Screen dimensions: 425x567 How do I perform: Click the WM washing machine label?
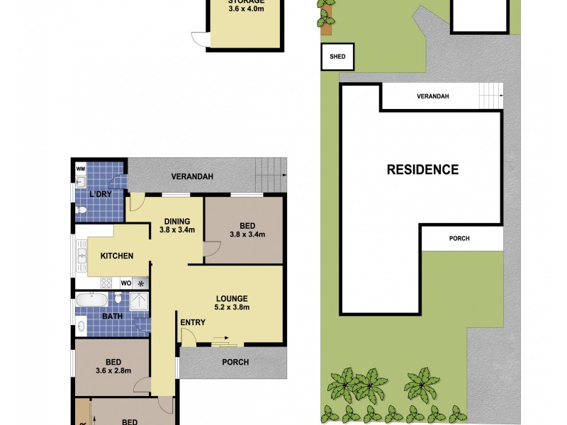pyautogui.click(x=80, y=169)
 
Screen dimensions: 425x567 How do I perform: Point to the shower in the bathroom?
pyautogui.click(x=140, y=302)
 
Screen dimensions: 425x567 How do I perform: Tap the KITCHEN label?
pyautogui.click(x=116, y=256)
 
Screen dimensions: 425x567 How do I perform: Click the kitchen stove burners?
pyautogui.click(x=106, y=283)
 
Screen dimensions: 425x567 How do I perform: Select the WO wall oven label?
pyautogui.click(x=125, y=283)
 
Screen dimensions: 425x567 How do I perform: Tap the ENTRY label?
pyautogui.click(x=193, y=323)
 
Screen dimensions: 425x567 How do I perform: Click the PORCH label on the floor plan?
pyautogui.click(x=235, y=363)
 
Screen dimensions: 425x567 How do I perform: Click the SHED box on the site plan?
pyautogui.click(x=337, y=57)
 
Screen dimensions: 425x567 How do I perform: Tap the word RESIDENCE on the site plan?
pyautogui.click(x=422, y=170)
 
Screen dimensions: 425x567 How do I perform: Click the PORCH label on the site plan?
pyautogui.click(x=459, y=239)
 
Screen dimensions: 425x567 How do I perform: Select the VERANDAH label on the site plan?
pyautogui.click(x=433, y=96)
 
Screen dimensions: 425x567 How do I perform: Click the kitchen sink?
pyautogui.click(x=82, y=255)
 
